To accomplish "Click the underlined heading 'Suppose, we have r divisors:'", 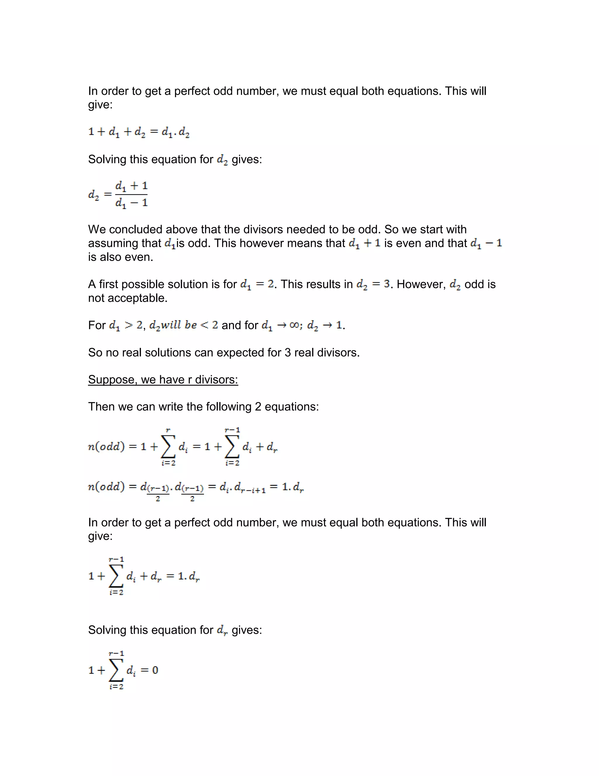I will click(x=163, y=380).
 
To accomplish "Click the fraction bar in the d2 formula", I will click(x=131, y=194).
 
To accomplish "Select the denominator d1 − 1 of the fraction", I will click(x=131, y=203).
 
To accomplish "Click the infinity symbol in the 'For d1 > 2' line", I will click(x=294, y=325).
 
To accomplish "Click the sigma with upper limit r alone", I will click(x=168, y=447).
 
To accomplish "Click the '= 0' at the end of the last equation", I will click(x=149, y=670).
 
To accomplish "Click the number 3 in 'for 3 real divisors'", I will click(x=288, y=353).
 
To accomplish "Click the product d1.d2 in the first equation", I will click(x=175, y=132).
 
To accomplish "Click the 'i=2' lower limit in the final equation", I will click(x=116, y=686).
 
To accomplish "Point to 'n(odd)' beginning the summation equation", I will click(x=106, y=447).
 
